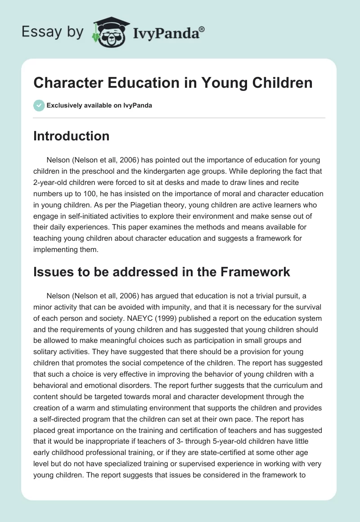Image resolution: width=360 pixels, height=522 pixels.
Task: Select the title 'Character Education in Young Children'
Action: click(173, 83)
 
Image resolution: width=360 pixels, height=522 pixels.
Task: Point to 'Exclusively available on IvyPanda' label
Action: click(99, 105)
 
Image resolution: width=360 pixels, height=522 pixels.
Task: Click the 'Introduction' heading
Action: click(71, 136)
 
